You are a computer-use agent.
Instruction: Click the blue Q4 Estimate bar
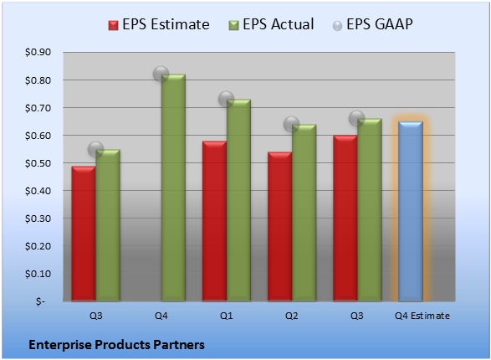pos(411,211)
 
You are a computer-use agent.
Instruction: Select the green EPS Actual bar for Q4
pos(173,188)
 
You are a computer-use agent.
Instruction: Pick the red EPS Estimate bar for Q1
pos(214,221)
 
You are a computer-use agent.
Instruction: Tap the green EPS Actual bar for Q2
pos(304,213)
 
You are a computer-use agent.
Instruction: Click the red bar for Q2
pos(279,227)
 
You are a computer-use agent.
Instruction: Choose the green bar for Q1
pos(238,200)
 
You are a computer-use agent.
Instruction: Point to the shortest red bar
pos(84,234)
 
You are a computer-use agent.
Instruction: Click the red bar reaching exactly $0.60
pos(345,218)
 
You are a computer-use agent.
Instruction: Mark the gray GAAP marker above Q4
pos(161,75)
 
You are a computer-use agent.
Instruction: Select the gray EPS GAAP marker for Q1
pos(226,100)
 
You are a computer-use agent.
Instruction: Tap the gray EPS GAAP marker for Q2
pos(292,125)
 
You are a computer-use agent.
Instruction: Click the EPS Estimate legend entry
pos(159,24)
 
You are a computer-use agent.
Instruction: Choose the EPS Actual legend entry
pos(271,24)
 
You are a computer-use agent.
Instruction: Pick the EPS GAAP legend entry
pos(372,24)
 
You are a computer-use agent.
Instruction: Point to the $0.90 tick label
pos(38,52)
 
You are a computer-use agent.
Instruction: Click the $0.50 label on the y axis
pos(38,163)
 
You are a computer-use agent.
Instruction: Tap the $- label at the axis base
pos(40,301)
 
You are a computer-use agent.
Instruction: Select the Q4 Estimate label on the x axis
pos(422,316)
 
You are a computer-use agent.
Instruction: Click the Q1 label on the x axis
pos(226,316)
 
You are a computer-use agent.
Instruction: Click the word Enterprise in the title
pos(59,345)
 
